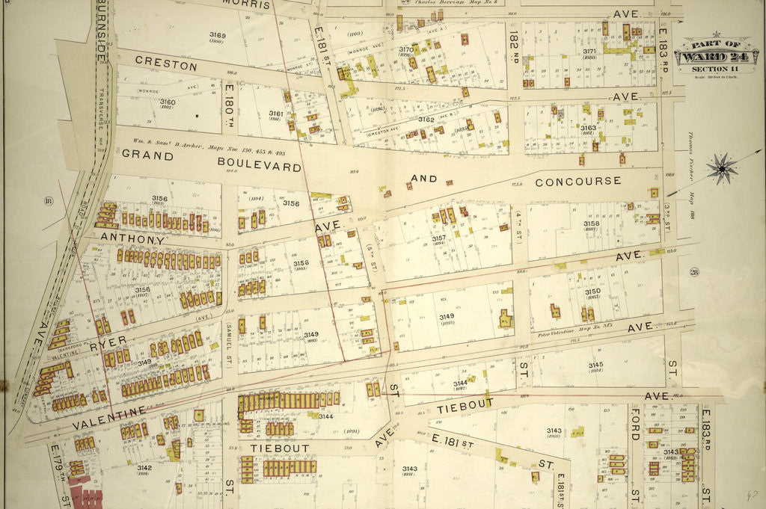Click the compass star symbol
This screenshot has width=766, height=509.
[x=722, y=168]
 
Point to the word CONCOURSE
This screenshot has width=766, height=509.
[x=577, y=181]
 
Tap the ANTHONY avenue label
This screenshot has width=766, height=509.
[x=132, y=240]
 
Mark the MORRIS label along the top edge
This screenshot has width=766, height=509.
[x=246, y=4]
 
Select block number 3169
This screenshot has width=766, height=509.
[x=218, y=35]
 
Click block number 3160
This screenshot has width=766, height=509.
[x=168, y=102]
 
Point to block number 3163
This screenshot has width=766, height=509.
[x=589, y=128]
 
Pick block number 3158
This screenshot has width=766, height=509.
[x=591, y=223]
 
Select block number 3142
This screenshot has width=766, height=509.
[x=144, y=468]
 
